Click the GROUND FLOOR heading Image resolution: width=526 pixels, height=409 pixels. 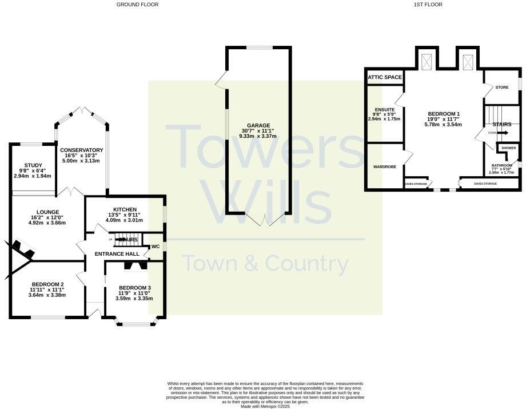pos(137,5)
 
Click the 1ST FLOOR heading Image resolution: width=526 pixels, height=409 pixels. pos(428,5)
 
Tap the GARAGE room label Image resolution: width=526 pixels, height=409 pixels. pos(258,125)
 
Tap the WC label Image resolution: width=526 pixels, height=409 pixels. pos(155,247)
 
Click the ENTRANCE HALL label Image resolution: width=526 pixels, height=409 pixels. pos(117,253)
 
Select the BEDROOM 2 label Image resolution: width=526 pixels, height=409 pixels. pos(47,284)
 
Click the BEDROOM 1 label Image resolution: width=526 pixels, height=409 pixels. pos(443,113)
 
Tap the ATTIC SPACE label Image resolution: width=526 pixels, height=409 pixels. pos(385,77)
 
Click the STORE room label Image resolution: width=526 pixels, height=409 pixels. pos(501,88)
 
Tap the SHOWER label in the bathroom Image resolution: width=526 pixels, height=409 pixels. pos(508,148)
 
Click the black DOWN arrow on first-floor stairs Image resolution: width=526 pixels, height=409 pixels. pos(502,133)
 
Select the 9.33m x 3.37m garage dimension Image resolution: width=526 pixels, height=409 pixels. pos(258,136)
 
